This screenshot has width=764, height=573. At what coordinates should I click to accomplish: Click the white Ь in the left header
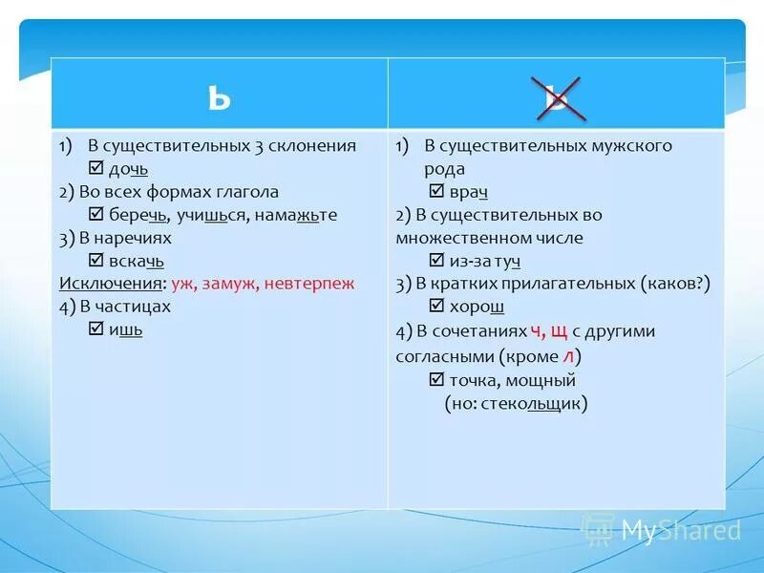(219, 96)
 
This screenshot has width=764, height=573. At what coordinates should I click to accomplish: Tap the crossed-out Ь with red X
(557, 95)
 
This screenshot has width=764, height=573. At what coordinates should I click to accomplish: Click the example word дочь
(127, 169)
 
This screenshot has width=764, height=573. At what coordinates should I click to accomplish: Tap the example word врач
(468, 192)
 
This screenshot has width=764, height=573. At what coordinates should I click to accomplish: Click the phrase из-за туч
(484, 261)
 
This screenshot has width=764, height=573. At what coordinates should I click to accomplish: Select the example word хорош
(476, 307)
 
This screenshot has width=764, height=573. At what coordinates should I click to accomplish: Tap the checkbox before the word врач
(437, 192)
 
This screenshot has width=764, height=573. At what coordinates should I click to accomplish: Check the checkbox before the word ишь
(95, 329)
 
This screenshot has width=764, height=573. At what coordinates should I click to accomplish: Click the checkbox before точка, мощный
(437, 380)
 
